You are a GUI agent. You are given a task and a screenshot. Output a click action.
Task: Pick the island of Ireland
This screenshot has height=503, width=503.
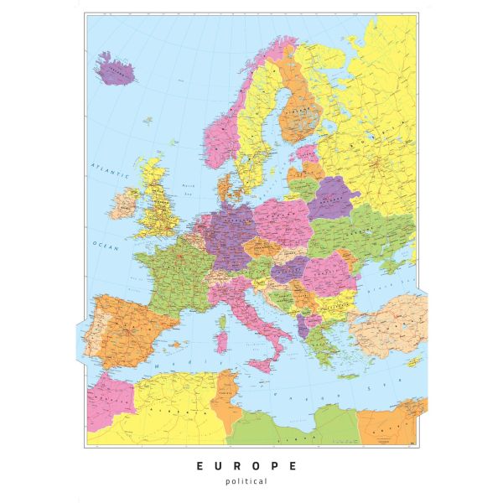(x=125, y=202)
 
